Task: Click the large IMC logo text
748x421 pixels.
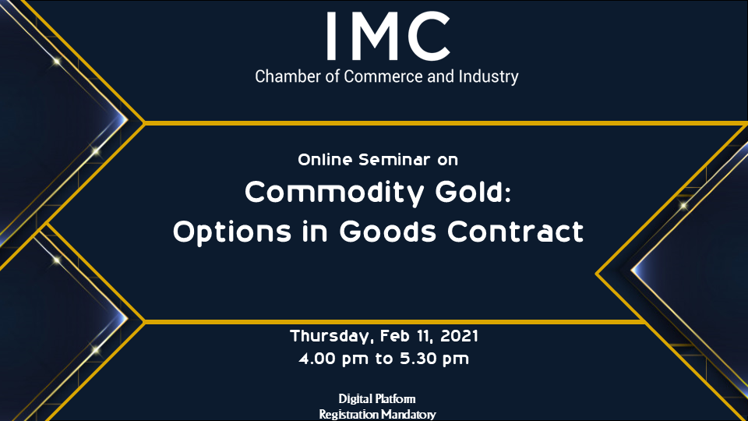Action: click(388, 37)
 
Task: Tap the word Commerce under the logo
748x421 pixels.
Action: click(383, 76)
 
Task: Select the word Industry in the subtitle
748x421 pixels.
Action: click(489, 77)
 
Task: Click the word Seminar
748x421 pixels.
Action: click(394, 159)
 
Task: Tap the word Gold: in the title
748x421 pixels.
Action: click(473, 192)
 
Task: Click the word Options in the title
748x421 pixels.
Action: click(232, 232)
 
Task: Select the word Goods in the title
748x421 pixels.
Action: click(388, 232)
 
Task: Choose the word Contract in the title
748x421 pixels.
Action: click(515, 232)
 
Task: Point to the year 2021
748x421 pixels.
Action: click(459, 336)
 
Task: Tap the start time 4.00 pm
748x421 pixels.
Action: click(333, 359)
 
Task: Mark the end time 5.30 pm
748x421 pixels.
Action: click(435, 359)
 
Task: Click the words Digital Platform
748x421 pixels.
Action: click(377, 399)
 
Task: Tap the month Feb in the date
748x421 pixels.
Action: click(396, 336)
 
